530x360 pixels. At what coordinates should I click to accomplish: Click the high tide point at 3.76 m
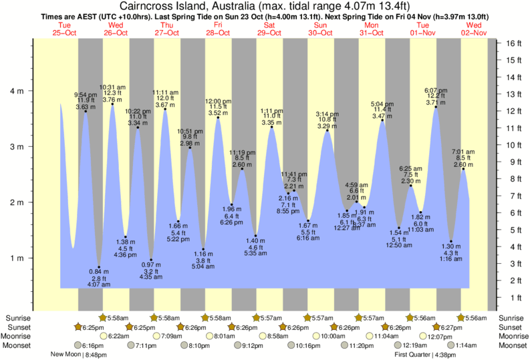point(112,104)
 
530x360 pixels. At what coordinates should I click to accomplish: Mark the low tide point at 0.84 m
point(99,267)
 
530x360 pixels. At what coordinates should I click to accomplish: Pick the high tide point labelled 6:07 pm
point(436,107)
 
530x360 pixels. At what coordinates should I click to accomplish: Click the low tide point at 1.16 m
point(203,249)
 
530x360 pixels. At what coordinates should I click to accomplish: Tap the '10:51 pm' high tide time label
point(189,132)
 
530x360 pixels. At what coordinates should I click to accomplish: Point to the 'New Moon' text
point(66,355)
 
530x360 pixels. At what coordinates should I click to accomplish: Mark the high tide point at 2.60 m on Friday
point(242,169)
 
